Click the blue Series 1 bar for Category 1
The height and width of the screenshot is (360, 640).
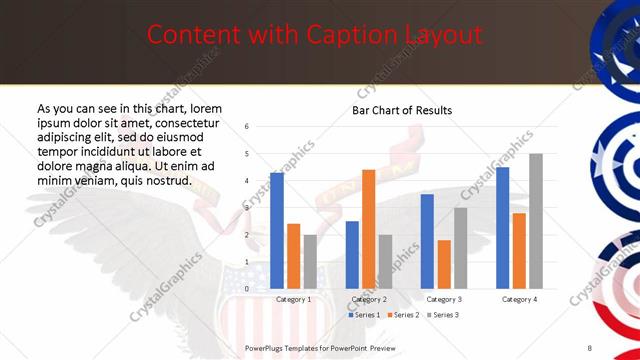pyautogui.click(x=277, y=230)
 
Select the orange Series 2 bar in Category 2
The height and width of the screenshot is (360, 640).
pyautogui.click(x=368, y=228)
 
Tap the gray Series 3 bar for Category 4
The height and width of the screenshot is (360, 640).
pyautogui.click(x=536, y=220)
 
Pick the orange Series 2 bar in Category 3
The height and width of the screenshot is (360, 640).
pyautogui.click(x=444, y=263)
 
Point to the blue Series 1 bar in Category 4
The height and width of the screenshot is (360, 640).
pyautogui.click(x=502, y=227)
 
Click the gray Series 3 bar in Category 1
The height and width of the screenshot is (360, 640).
pyautogui.click(x=310, y=261)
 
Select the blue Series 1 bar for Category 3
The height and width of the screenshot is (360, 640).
pyautogui.click(x=427, y=240)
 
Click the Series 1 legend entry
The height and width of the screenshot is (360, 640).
pyautogui.click(x=364, y=315)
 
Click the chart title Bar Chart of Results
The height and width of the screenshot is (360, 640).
pyautogui.click(x=402, y=110)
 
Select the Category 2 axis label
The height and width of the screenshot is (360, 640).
pyautogui.click(x=368, y=299)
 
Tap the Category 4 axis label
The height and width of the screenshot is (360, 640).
pyautogui.click(x=519, y=299)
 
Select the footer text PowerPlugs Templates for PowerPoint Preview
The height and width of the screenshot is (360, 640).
pyautogui.click(x=320, y=347)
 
